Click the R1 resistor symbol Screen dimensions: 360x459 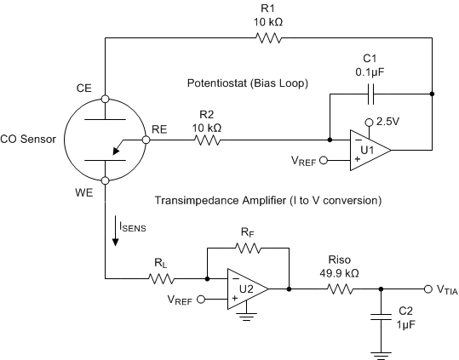coord(268,38)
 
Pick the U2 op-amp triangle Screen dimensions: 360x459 coord(248,289)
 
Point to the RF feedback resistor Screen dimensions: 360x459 coord(247,249)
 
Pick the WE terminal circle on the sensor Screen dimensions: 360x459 coord(106,180)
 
